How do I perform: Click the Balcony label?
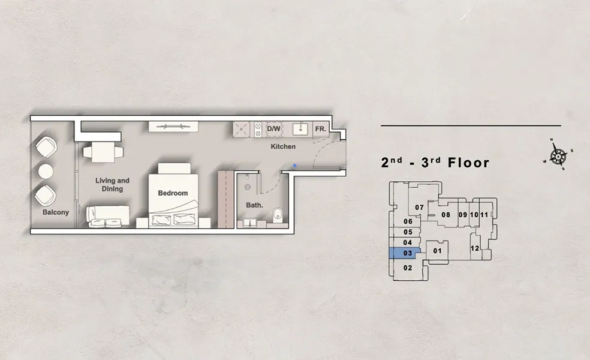pos(55,212)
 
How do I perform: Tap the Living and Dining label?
pos(112,184)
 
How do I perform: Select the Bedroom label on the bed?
pos(173,193)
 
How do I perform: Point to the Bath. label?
pos(253,205)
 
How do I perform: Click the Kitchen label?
pos(283,147)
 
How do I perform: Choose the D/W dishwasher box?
pos(273,129)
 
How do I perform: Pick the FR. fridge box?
pos(320,129)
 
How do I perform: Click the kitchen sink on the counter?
pos(299,129)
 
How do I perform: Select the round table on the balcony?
pos(46,171)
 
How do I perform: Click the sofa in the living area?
pos(108,214)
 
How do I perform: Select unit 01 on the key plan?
pos(437,251)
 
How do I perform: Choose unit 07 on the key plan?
pos(420,208)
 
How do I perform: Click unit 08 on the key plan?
pos(445,215)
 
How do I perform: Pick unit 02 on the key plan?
pos(408,268)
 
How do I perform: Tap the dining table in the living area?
pos(103,151)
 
